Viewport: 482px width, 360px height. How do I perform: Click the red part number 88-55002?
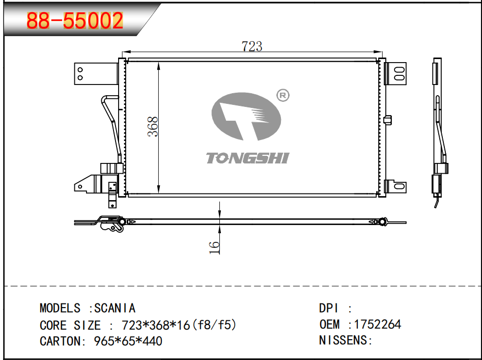coord(75,20)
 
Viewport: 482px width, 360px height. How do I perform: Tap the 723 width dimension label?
coord(252,46)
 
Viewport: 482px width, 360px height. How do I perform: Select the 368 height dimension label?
coord(153,126)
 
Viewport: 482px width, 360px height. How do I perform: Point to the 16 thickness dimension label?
coord(214,247)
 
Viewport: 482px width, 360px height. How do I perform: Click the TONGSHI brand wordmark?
coord(247,158)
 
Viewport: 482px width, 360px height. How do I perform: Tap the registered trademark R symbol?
coord(283,96)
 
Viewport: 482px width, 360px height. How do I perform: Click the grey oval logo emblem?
coord(246,117)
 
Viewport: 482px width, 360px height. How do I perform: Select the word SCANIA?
coord(115,308)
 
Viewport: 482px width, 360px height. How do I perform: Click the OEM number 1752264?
coord(378,324)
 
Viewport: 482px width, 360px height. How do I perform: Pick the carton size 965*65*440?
coord(128,341)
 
